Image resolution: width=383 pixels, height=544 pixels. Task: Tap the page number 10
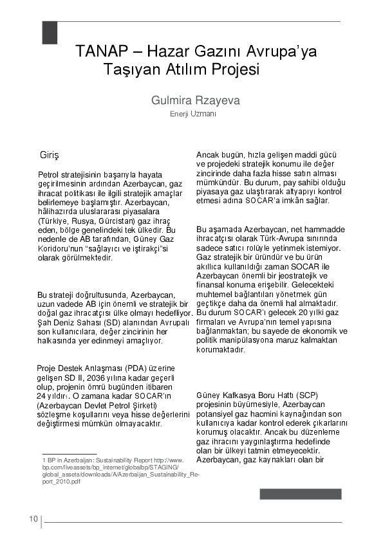(x=33, y=520)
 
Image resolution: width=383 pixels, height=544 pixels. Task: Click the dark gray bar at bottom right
(x=300, y=494)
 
